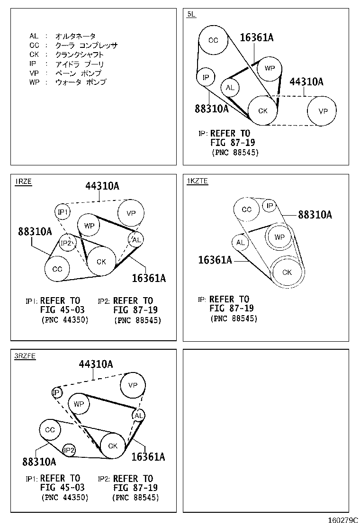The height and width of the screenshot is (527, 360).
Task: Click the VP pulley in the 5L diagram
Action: pyautogui.click(x=323, y=111)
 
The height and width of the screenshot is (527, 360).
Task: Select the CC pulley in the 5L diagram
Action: pyautogui.click(x=213, y=40)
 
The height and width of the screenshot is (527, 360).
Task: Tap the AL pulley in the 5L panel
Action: pyautogui.click(x=230, y=88)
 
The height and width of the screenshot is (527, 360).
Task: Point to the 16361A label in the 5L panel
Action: pyautogui.click(x=256, y=37)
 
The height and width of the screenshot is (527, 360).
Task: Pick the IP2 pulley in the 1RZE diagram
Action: pyautogui.click(x=67, y=243)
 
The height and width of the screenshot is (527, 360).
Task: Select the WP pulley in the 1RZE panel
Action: pyautogui.click(x=89, y=226)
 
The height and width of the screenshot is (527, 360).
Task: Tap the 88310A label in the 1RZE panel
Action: pyautogui.click(x=35, y=232)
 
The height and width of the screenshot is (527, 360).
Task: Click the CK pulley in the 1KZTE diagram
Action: pyautogui.click(x=287, y=272)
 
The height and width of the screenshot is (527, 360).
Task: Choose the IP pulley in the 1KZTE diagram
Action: pyautogui.click(x=270, y=206)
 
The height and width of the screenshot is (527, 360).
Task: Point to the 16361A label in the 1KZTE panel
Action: pyautogui.click(x=215, y=260)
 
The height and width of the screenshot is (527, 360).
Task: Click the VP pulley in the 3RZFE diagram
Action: pyautogui.click(x=133, y=385)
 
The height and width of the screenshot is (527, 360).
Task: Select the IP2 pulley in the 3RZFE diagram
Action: pyautogui.click(x=69, y=450)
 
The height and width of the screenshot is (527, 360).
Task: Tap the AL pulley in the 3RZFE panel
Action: pyautogui.click(x=138, y=416)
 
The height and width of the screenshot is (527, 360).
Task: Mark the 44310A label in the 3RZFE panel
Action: pyautogui.click(x=96, y=364)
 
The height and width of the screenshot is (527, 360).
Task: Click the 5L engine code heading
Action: pyautogui.click(x=191, y=14)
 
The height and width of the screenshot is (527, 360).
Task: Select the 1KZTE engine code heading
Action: pyautogui.click(x=197, y=181)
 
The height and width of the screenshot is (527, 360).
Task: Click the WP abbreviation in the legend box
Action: pyautogui.click(x=34, y=82)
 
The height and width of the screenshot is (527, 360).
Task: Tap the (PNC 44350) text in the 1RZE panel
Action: pyautogui.click(x=64, y=320)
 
